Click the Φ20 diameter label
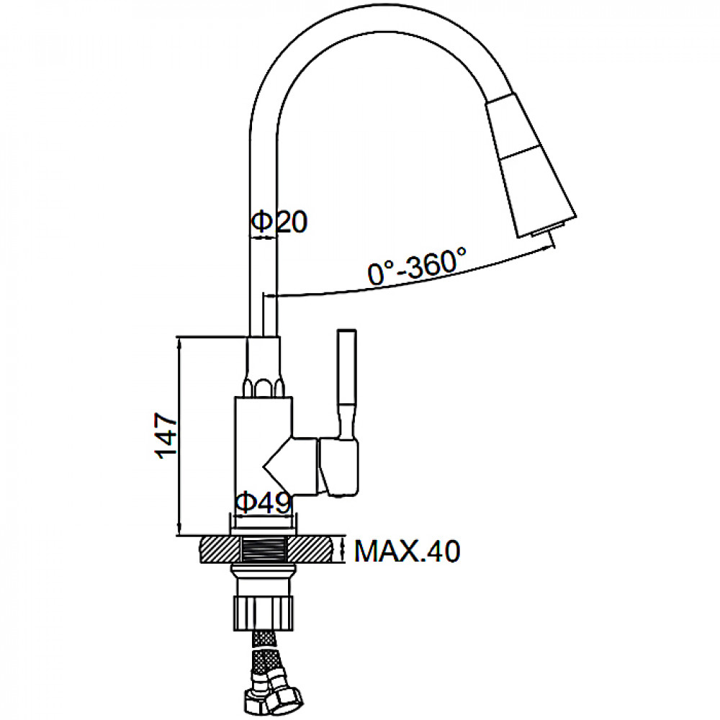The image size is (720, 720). pyautogui.click(x=279, y=222)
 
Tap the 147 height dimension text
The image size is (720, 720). pyautogui.click(x=166, y=436)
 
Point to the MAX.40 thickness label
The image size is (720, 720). pyautogui.click(x=407, y=551)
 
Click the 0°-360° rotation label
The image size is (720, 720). pyautogui.click(x=417, y=266)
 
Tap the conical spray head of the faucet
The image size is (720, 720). pyautogui.click(x=531, y=166)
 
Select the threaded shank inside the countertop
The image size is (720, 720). pyautogui.click(x=264, y=549)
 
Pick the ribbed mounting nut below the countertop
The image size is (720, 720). pyautogui.click(x=264, y=613)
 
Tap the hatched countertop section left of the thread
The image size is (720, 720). pyautogui.click(x=220, y=549)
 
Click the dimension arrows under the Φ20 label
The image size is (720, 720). pyautogui.click(x=263, y=238)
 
